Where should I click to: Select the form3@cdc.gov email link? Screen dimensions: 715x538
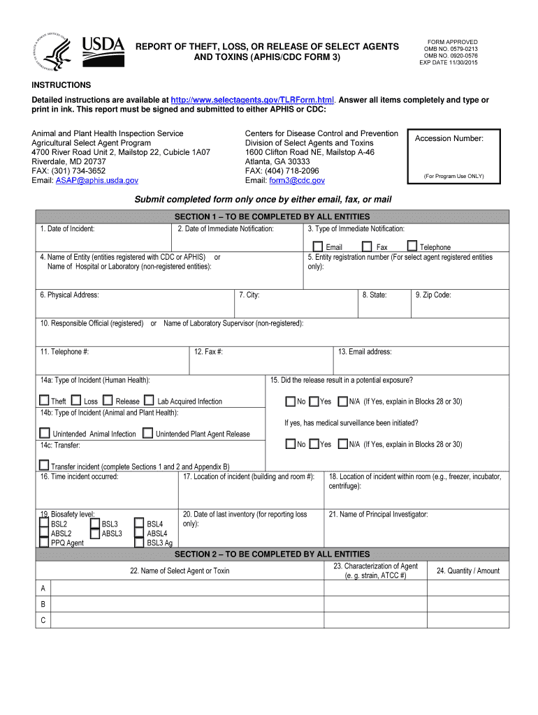click(x=296, y=180)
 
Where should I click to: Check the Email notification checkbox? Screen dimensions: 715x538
click(x=318, y=246)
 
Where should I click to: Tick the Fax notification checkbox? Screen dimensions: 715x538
click(x=367, y=246)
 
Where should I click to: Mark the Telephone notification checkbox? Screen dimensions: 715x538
click(x=412, y=246)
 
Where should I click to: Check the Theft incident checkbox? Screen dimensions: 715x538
click(x=44, y=400)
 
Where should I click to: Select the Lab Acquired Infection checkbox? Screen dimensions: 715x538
click(x=150, y=400)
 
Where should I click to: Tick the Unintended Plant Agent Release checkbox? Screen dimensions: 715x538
click(x=147, y=433)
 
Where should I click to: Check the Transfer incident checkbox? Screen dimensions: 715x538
click(x=44, y=465)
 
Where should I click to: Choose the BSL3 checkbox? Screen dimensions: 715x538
click(x=95, y=523)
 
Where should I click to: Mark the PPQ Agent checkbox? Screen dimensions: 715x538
click(x=44, y=542)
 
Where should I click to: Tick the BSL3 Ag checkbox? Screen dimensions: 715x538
click(x=140, y=542)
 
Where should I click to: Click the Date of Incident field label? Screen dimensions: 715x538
click(x=67, y=228)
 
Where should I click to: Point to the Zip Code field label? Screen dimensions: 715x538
click(x=433, y=295)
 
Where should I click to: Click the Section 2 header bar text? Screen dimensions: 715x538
click(x=272, y=554)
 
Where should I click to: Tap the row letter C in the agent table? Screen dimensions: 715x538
click(x=43, y=620)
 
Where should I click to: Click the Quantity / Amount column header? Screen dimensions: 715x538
click(x=468, y=570)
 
